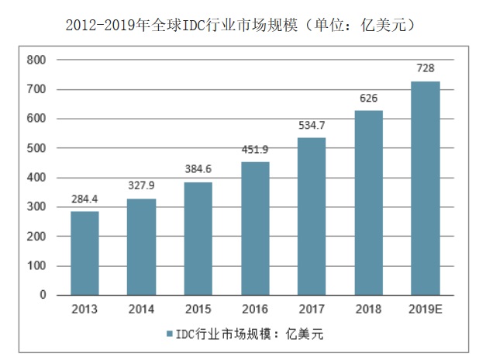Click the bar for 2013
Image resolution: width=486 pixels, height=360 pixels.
coord(84,253)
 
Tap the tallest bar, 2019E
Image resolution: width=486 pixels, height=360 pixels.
coord(426,188)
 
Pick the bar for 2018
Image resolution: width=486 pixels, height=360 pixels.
coord(369,202)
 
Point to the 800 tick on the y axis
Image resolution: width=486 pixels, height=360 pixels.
coord(36,60)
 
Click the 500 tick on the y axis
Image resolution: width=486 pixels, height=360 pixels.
coord(36,148)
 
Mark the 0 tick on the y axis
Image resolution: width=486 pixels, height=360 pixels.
coord(43,296)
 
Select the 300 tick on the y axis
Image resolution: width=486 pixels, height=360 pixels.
coord(36,207)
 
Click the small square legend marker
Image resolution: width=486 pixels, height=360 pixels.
coord(167,334)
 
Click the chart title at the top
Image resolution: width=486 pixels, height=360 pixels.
coord(242,25)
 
